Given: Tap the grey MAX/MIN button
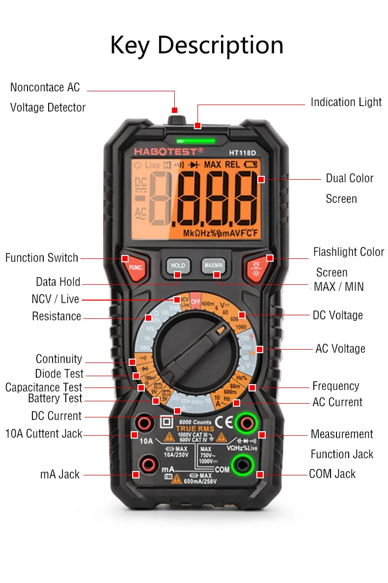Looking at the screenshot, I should click(x=213, y=265).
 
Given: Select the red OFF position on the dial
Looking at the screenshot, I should click(x=196, y=301).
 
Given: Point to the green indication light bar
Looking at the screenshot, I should click(x=196, y=140).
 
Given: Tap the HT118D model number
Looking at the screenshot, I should click(x=243, y=152).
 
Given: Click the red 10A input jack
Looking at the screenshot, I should click(x=144, y=422).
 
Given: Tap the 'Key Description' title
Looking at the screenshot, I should click(x=196, y=45).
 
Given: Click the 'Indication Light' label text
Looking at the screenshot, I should click(x=346, y=102).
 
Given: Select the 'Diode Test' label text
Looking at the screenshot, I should click(x=59, y=374).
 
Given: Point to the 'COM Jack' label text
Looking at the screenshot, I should click(x=332, y=474).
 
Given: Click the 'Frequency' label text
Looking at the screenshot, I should click(x=335, y=386).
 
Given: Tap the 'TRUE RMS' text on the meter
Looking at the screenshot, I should click(x=193, y=429).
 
